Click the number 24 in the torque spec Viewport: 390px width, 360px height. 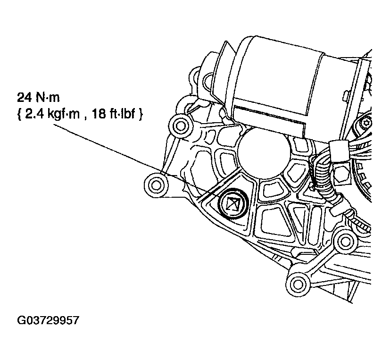(25, 97)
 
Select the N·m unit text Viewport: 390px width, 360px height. (48, 97)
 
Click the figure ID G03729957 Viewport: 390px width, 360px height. (48, 320)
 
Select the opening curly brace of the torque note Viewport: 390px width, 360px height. (19, 115)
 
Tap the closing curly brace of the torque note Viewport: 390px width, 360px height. (141, 115)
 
